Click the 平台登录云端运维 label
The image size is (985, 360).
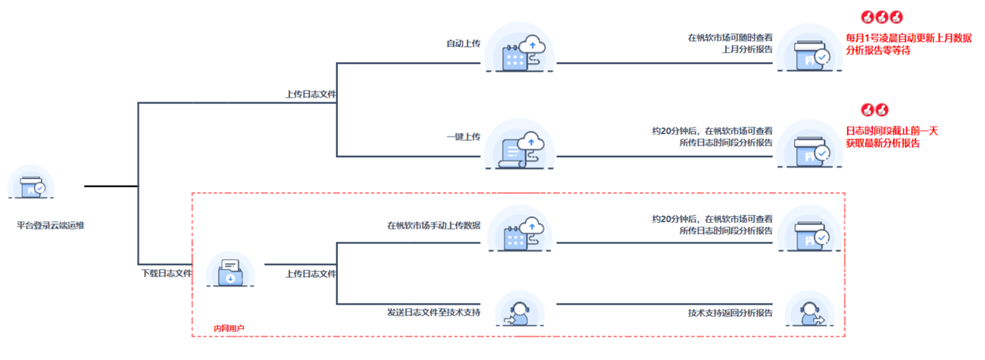click(x=50, y=225)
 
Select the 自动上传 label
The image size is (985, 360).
click(x=463, y=43)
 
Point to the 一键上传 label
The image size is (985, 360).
click(x=463, y=136)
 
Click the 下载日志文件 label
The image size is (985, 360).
click(x=165, y=273)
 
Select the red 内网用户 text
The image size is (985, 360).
click(x=229, y=328)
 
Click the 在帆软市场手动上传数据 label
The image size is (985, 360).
click(x=433, y=225)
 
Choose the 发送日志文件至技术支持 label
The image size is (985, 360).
click(x=433, y=312)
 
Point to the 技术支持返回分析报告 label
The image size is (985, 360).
click(x=730, y=312)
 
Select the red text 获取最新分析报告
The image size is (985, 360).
click(x=883, y=143)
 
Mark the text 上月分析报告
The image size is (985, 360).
click(x=747, y=49)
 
